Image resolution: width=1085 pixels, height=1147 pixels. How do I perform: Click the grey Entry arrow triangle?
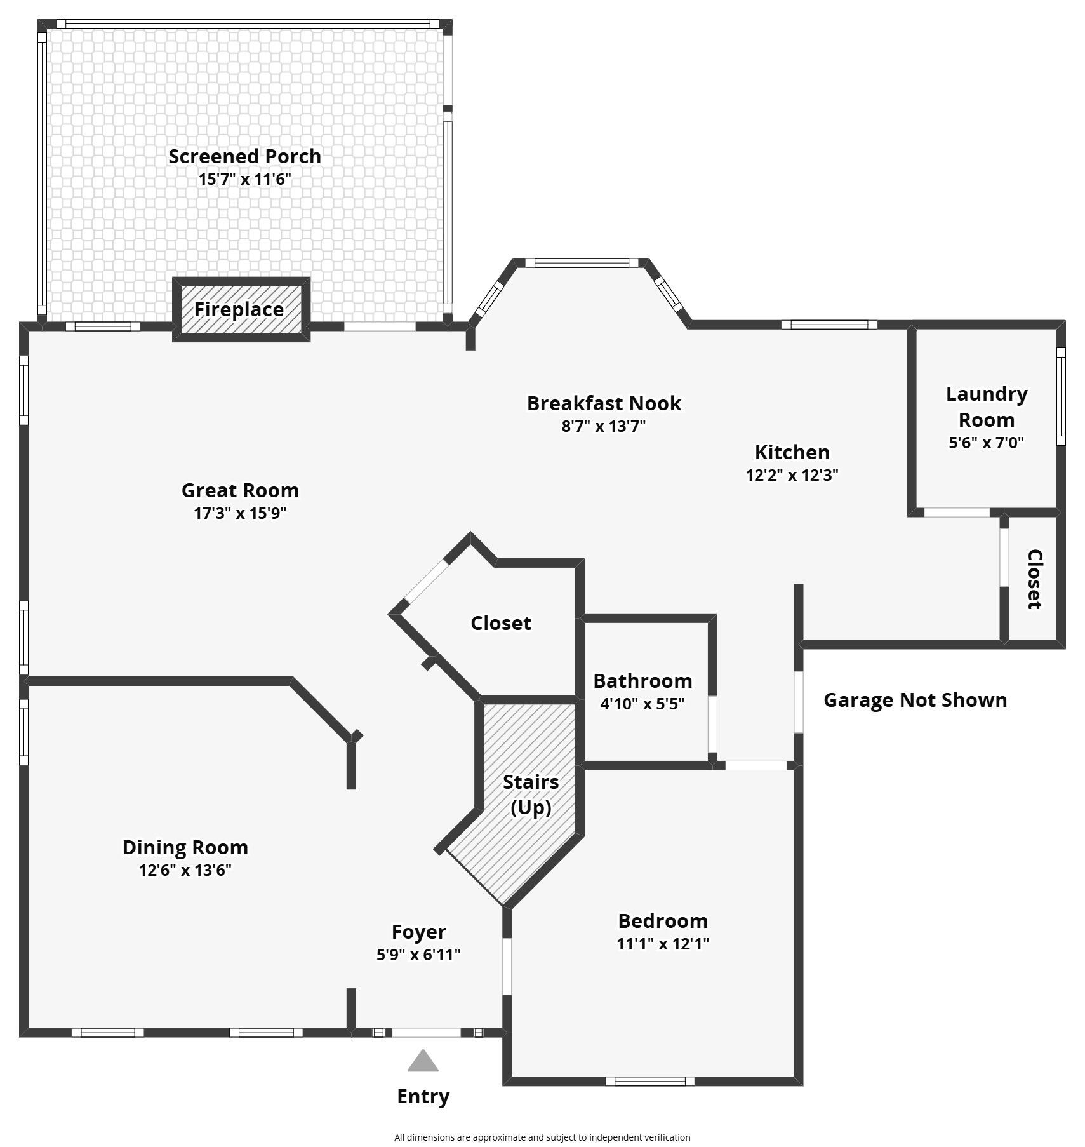click(x=423, y=1062)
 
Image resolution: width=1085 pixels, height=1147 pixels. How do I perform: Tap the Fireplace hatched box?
click(x=241, y=309)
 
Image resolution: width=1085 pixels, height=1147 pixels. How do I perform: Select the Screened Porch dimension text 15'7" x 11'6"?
click(x=244, y=179)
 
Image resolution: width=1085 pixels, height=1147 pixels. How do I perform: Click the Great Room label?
click(x=240, y=490)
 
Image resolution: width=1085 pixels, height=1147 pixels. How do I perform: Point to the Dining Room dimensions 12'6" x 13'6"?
click(x=185, y=869)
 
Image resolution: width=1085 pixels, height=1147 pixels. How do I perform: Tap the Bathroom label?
click(x=642, y=681)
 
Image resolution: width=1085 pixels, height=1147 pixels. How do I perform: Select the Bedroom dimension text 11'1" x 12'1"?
click(x=662, y=944)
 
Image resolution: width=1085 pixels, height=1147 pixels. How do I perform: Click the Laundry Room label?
click(x=986, y=406)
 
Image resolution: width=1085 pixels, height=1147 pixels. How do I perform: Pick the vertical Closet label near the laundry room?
click(x=1034, y=579)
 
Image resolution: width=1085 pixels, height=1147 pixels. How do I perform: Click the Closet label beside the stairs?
click(x=500, y=623)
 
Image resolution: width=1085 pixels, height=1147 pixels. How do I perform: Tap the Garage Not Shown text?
click(x=915, y=700)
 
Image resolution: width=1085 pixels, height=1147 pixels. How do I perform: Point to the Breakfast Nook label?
click(x=604, y=403)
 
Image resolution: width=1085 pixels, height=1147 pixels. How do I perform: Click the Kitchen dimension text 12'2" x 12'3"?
click(x=792, y=475)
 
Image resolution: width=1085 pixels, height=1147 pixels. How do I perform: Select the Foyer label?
click(x=418, y=932)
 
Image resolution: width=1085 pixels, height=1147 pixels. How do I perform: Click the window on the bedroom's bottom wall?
click(x=649, y=1081)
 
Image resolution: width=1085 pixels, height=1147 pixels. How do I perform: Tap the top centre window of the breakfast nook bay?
click(x=585, y=263)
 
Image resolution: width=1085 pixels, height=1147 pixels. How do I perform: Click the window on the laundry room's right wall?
click(x=1060, y=396)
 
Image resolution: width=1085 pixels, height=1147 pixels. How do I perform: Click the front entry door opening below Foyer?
click(x=425, y=1033)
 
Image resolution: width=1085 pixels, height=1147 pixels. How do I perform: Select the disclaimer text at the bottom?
click(x=542, y=1137)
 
